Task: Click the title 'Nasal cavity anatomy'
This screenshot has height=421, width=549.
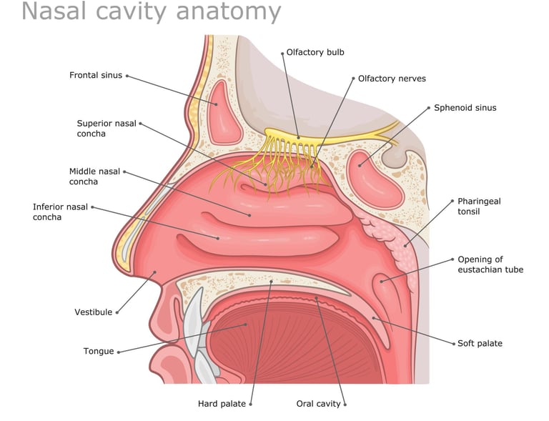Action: [151, 12]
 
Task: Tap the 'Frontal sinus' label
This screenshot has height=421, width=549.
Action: [96, 75]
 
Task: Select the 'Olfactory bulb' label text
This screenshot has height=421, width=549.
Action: [315, 52]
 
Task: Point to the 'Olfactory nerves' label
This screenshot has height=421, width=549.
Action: [392, 79]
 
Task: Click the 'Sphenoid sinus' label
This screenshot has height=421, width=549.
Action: [465, 108]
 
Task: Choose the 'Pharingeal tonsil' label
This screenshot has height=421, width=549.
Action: [479, 206]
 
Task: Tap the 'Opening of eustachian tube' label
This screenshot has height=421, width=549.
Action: [490, 264]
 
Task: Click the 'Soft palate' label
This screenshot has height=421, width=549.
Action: [480, 343]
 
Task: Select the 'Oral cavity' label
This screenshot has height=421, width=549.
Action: [319, 404]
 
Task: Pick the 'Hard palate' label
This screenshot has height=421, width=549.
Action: [222, 404]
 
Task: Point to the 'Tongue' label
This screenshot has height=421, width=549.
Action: [99, 351]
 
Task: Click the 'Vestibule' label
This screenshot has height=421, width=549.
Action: [94, 312]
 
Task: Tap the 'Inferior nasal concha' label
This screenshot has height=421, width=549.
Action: [60, 212]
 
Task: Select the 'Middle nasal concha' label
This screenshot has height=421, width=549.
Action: [94, 177]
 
